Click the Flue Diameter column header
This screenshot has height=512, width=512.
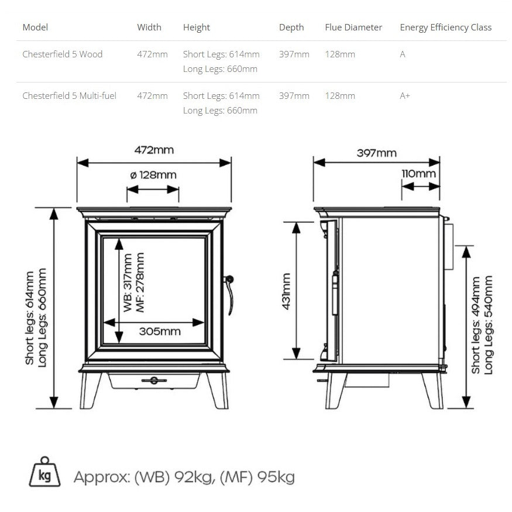click(353, 28)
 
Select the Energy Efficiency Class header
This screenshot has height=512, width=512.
click(445, 28)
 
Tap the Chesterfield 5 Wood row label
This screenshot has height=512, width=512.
click(62, 54)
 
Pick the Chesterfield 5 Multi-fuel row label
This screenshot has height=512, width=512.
click(69, 96)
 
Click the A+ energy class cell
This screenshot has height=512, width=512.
click(405, 96)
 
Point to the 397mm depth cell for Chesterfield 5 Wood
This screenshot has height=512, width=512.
click(294, 54)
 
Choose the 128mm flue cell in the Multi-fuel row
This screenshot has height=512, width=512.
click(340, 96)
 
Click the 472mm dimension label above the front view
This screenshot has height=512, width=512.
click(154, 150)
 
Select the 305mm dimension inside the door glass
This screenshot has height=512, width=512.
click(160, 332)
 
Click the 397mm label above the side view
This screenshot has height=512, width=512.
click(376, 153)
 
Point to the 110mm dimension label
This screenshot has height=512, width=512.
click(418, 174)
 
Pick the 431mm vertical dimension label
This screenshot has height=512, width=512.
click(287, 291)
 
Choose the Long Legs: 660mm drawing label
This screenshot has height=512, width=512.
click(42, 318)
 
